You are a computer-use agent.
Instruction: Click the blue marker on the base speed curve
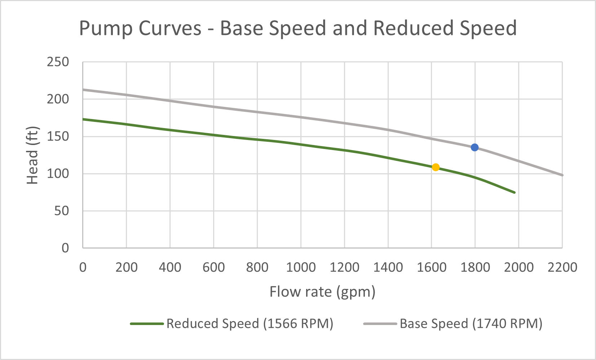click(x=474, y=147)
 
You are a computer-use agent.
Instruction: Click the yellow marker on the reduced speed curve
click(x=436, y=167)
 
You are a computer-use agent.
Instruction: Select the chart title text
click(x=298, y=28)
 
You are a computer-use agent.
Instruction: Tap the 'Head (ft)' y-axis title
click(x=32, y=155)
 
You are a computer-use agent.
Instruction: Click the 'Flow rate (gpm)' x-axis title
click(x=322, y=291)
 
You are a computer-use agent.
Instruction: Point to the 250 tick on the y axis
click(x=58, y=62)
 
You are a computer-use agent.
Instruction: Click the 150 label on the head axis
click(x=58, y=136)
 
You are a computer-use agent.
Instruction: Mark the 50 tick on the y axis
click(x=61, y=211)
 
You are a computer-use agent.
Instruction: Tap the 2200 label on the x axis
click(x=562, y=267)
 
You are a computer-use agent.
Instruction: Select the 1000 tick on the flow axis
click(x=301, y=267)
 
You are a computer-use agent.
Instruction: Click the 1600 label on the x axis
click(x=432, y=267)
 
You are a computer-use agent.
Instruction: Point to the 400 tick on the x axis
click(x=170, y=267)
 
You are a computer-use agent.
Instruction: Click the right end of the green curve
click(x=515, y=192)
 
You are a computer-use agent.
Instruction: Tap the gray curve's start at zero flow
click(x=83, y=89)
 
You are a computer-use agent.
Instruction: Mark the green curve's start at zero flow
click(x=83, y=119)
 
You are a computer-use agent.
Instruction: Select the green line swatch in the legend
click(x=147, y=324)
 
